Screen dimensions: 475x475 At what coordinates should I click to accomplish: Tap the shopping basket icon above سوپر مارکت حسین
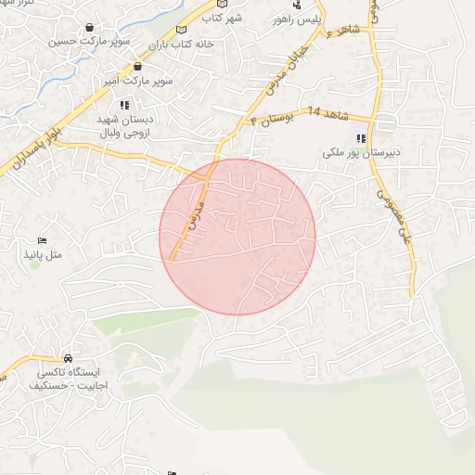click(x=89, y=28)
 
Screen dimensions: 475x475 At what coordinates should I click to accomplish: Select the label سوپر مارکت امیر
click(x=139, y=82)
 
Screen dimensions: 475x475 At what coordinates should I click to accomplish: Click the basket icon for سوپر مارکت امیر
click(x=137, y=68)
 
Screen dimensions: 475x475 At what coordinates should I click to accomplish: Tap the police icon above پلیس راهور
click(x=296, y=5)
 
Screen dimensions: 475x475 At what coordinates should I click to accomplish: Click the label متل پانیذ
click(x=41, y=252)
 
